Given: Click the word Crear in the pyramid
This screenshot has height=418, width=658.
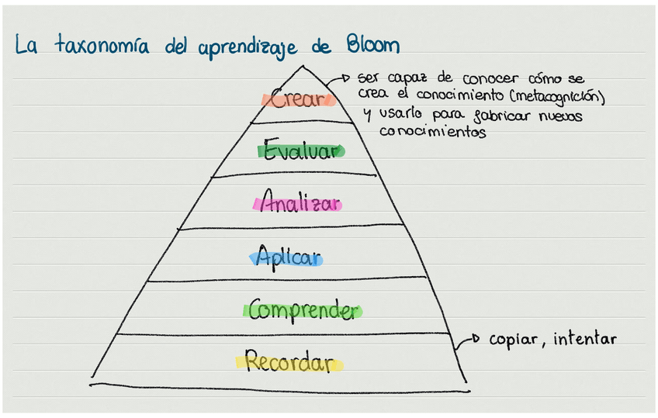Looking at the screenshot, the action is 298,100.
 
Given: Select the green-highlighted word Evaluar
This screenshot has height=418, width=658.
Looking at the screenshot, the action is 301,150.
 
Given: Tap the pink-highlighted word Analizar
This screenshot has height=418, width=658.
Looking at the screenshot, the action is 299,204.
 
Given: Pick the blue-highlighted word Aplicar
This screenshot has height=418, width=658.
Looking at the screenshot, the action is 288,257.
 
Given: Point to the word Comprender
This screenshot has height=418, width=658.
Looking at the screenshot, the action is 303,311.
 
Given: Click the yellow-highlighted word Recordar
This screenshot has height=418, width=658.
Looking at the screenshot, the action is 289,363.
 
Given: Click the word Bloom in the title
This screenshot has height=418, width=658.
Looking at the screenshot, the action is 371,46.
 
